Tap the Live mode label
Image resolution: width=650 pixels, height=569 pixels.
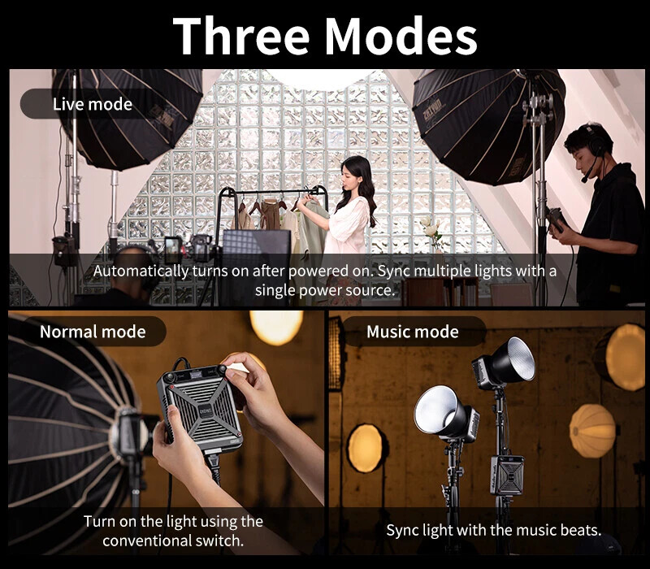click(x=92, y=104)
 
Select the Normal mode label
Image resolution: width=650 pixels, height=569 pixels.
click(x=93, y=332)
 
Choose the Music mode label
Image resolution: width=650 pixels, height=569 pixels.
click(x=412, y=332)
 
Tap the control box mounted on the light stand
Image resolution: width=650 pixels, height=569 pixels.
click(x=506, y=474)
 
